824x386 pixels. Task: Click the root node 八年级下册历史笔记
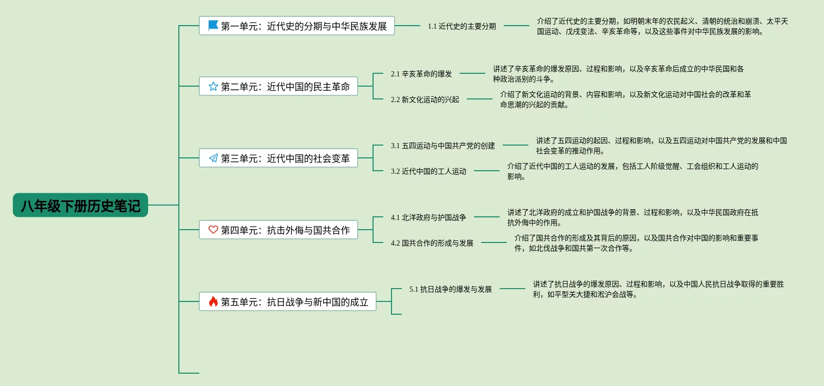pos(80,206)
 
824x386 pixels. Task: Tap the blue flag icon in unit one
pos(213,25)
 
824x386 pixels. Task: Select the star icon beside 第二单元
pos(213,86)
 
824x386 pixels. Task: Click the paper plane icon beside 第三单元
pos(213,158)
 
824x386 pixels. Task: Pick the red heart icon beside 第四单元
pos(213,230)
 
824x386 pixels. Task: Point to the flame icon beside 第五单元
pos(213,301)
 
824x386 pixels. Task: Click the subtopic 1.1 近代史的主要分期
pos(462,26)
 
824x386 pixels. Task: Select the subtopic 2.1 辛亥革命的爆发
pos(421,74)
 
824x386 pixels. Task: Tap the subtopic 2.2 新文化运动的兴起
pos(425,99)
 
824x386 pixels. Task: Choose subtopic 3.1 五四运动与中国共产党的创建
pos(443,146)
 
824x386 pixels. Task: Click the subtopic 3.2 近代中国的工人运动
pos(428,171)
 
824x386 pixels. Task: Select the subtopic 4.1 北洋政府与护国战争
pos(428,217)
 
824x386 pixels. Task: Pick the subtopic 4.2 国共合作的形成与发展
pos(432,243)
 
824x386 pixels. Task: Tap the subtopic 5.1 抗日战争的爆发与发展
pos(450,289)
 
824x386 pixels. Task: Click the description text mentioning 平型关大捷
pos(658,289)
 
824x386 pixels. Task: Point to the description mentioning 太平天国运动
pos(662,26)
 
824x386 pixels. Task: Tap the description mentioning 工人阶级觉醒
pos(632,171)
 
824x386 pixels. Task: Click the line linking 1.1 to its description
pos(516,26)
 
